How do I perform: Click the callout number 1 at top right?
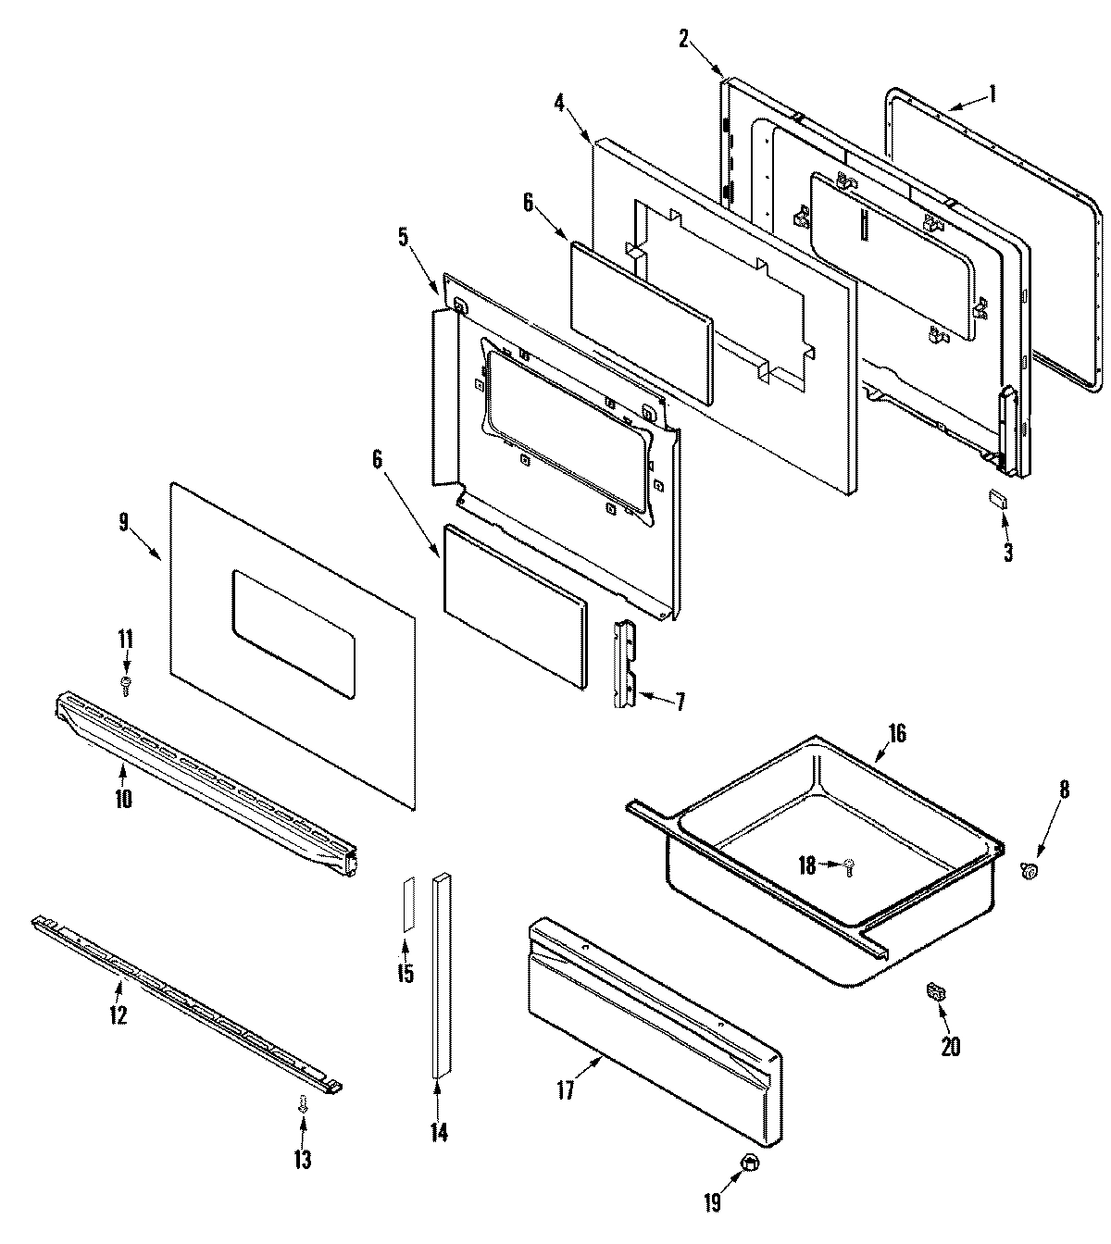992,93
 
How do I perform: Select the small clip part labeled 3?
998,499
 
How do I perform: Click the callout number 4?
559,102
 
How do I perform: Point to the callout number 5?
403,237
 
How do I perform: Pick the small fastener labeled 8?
1029,868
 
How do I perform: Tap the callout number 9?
123,523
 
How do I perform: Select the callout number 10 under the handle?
123,798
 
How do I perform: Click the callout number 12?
118,1014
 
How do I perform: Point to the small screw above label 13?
302,1103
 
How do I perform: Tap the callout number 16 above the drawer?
896,734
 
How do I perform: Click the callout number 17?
566,1090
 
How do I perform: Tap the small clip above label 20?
935,992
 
